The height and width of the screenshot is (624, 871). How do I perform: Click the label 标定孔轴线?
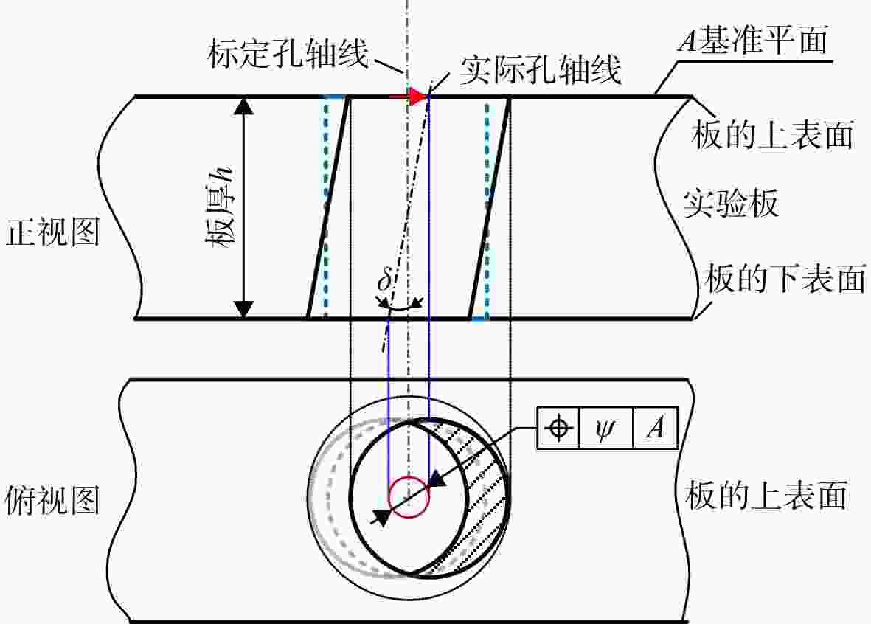(x=288, y=54)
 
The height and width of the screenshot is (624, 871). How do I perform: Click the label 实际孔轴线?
(x=540, y=70)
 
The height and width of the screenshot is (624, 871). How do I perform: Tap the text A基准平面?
(x=753, y=39)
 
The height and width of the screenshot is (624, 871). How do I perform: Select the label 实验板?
(x=730, y=204)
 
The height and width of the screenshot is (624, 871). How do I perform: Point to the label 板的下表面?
(x=785, y=278)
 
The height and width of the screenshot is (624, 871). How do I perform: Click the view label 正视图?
(x=52, y=231)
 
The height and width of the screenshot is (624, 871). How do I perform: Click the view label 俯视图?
(x=52, y=500)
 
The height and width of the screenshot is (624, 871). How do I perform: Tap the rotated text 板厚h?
(x=220, y=207)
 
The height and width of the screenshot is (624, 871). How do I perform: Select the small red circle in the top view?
(x=409, y=497)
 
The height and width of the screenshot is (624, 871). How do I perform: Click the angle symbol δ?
(x=385, y=280)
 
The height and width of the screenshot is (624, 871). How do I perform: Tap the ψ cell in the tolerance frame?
(x=606, y=428)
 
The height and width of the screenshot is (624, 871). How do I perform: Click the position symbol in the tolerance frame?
(x=559, y=428)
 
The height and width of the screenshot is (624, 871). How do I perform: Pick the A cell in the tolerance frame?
(x=656, y=428)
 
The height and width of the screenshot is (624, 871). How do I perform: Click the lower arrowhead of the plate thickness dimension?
(x=243, y=310)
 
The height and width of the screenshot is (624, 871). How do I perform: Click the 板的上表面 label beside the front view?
(x=772, y=135)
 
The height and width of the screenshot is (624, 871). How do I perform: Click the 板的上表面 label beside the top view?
(x=766, y=494)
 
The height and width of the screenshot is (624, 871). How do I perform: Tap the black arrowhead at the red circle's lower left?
(x=381, y=517)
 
